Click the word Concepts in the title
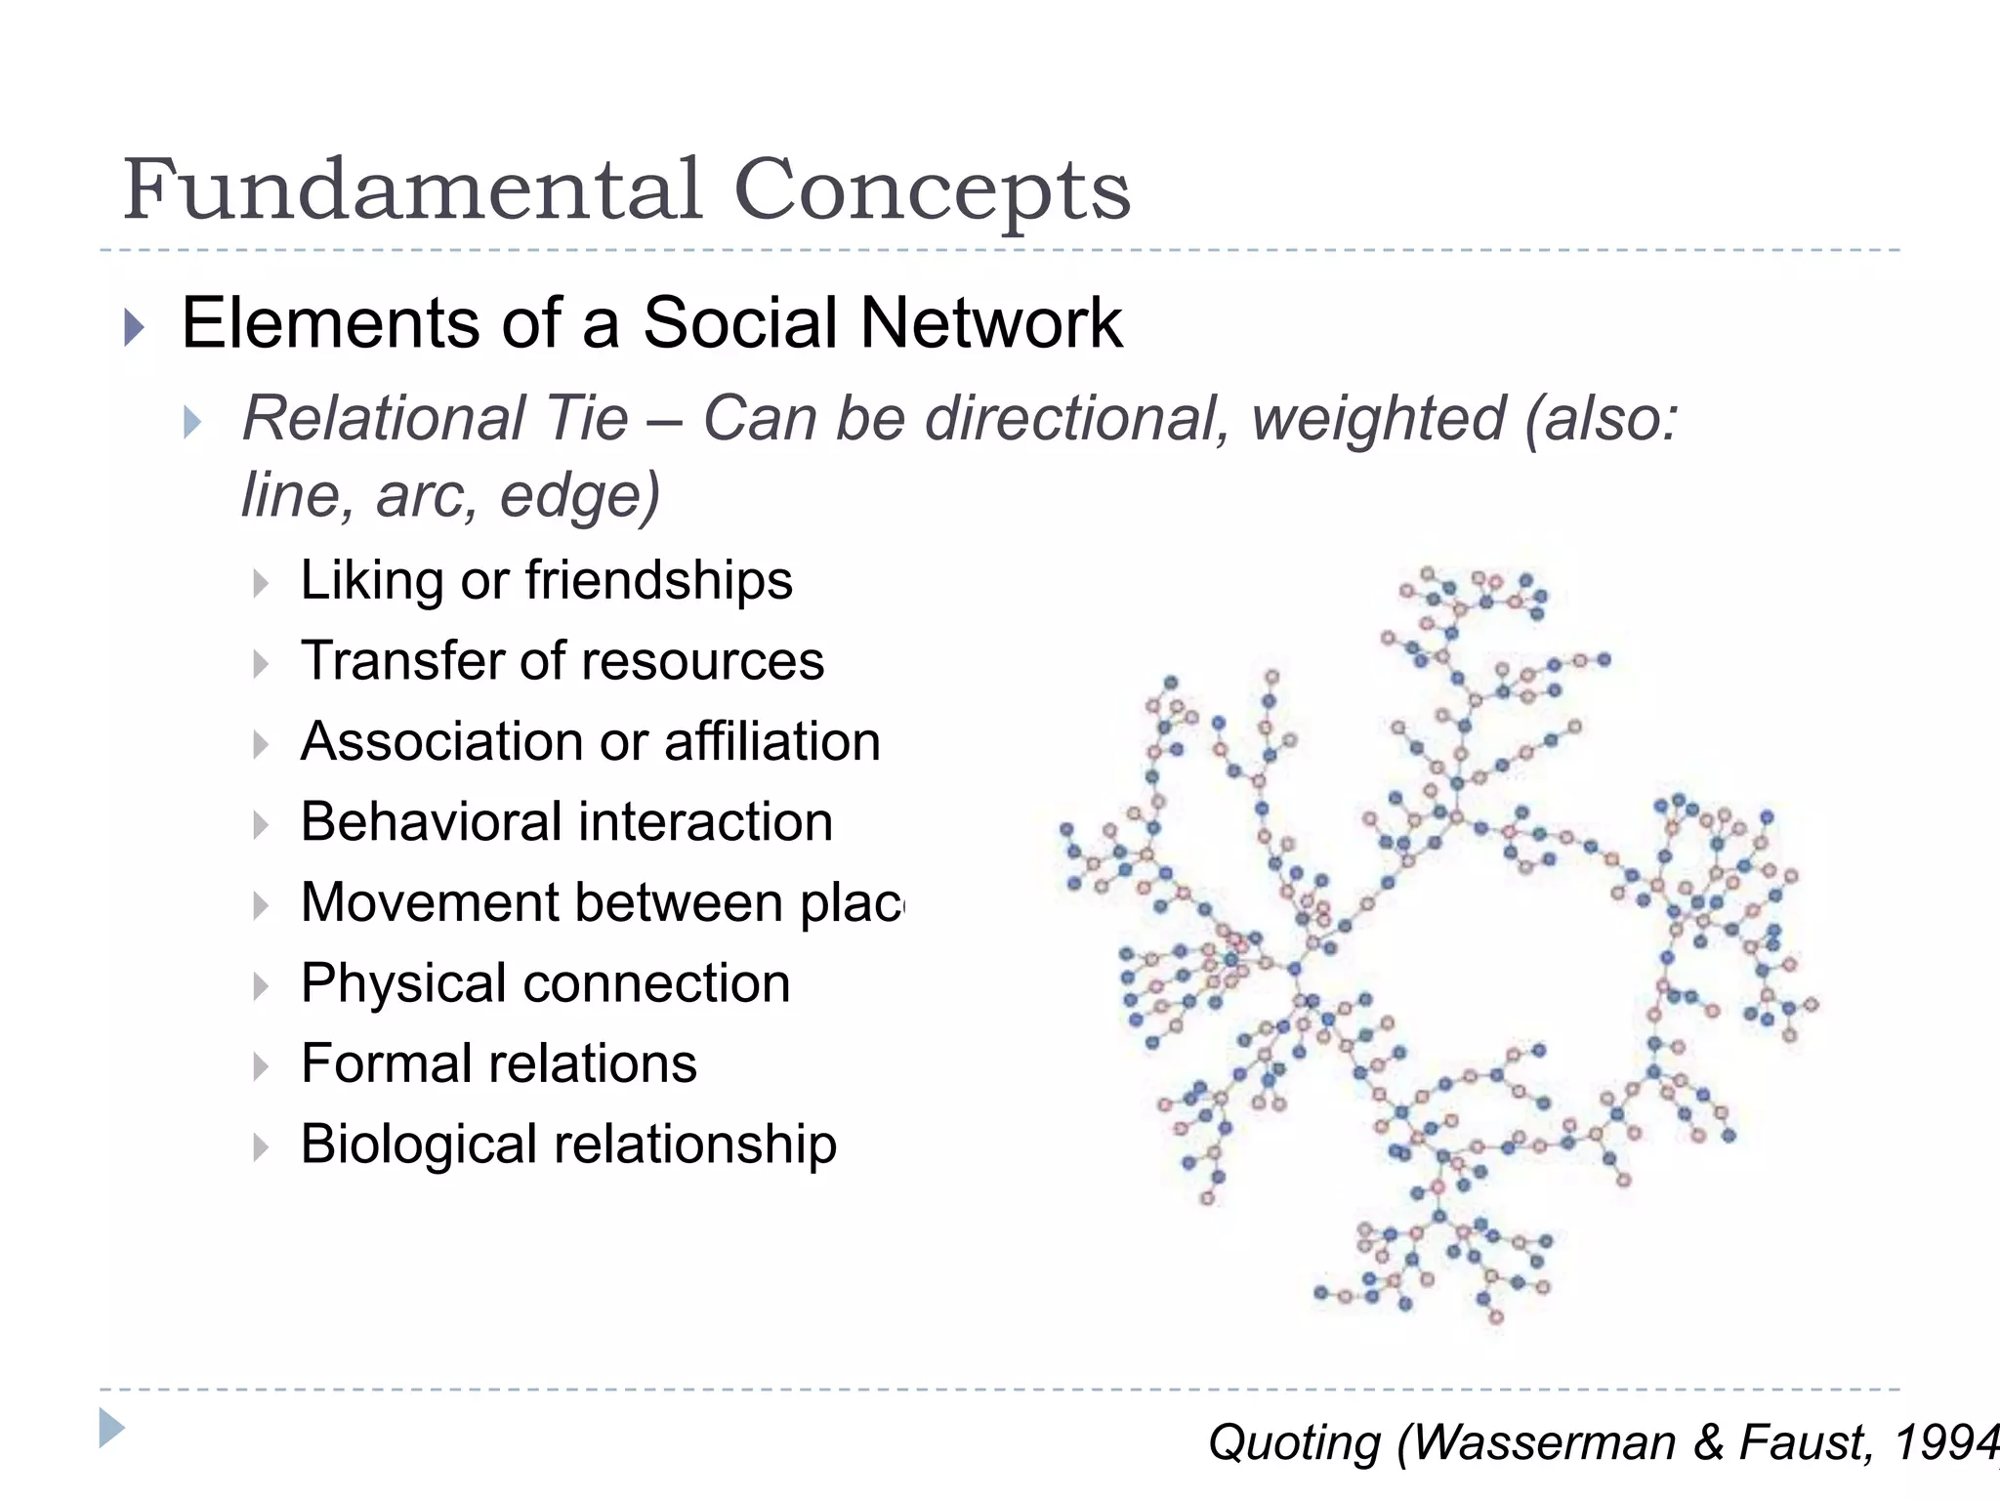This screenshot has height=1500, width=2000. [932, 191]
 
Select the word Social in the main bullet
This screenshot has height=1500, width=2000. [739, 323]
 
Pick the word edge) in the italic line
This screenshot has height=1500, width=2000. [580, 495]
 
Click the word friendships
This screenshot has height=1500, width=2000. [659, 580]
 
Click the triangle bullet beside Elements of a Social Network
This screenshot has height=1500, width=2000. [135, 326]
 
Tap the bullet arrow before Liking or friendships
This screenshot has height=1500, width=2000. [260, 584]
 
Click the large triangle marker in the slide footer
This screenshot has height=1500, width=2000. [112, 1428]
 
